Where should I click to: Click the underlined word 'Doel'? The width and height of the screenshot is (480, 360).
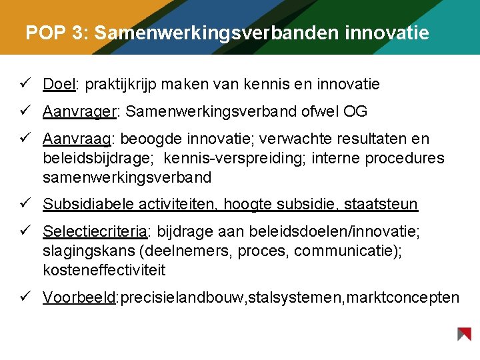point(59,84)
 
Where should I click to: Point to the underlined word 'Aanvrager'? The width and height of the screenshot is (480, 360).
point(79,111)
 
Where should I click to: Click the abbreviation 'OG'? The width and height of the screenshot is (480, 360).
point(355,111)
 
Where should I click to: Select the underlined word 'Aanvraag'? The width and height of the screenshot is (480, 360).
point(76,139)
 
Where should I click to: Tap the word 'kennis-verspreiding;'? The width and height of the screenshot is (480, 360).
point(229,159)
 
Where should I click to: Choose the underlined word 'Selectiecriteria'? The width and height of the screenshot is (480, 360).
point(95,231)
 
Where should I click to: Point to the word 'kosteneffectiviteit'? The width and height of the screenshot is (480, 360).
point(104,270)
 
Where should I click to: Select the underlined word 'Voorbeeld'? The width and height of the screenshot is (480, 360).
point(79,297)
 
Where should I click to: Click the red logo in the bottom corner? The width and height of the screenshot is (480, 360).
point(464,334)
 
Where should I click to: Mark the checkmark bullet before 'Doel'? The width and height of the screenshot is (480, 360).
point(23,84)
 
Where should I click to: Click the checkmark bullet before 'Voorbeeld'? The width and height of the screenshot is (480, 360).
point(23,297)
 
